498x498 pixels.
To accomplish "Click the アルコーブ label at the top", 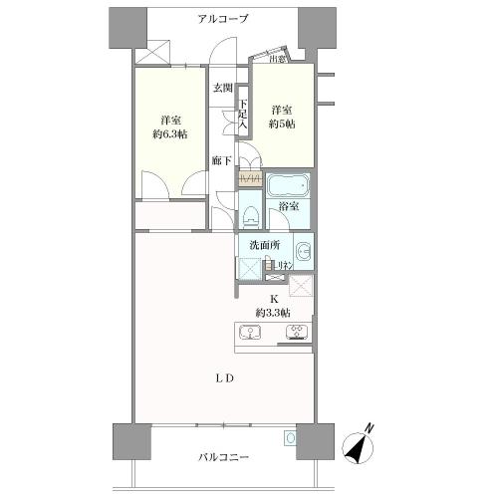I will pos(223,19).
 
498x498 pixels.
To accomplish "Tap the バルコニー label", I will pos(223,457).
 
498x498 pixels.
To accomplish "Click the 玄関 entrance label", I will pos(221,88).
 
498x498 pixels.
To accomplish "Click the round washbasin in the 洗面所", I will pos(302,250).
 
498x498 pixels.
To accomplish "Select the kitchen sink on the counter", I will pos(251,334).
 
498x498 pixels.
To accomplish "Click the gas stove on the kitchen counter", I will pos(296,333).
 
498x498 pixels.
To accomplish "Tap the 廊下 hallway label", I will pos(222,159).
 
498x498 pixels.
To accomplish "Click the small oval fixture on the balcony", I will pos(290,437).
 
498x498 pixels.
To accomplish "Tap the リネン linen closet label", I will pos(283,265).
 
